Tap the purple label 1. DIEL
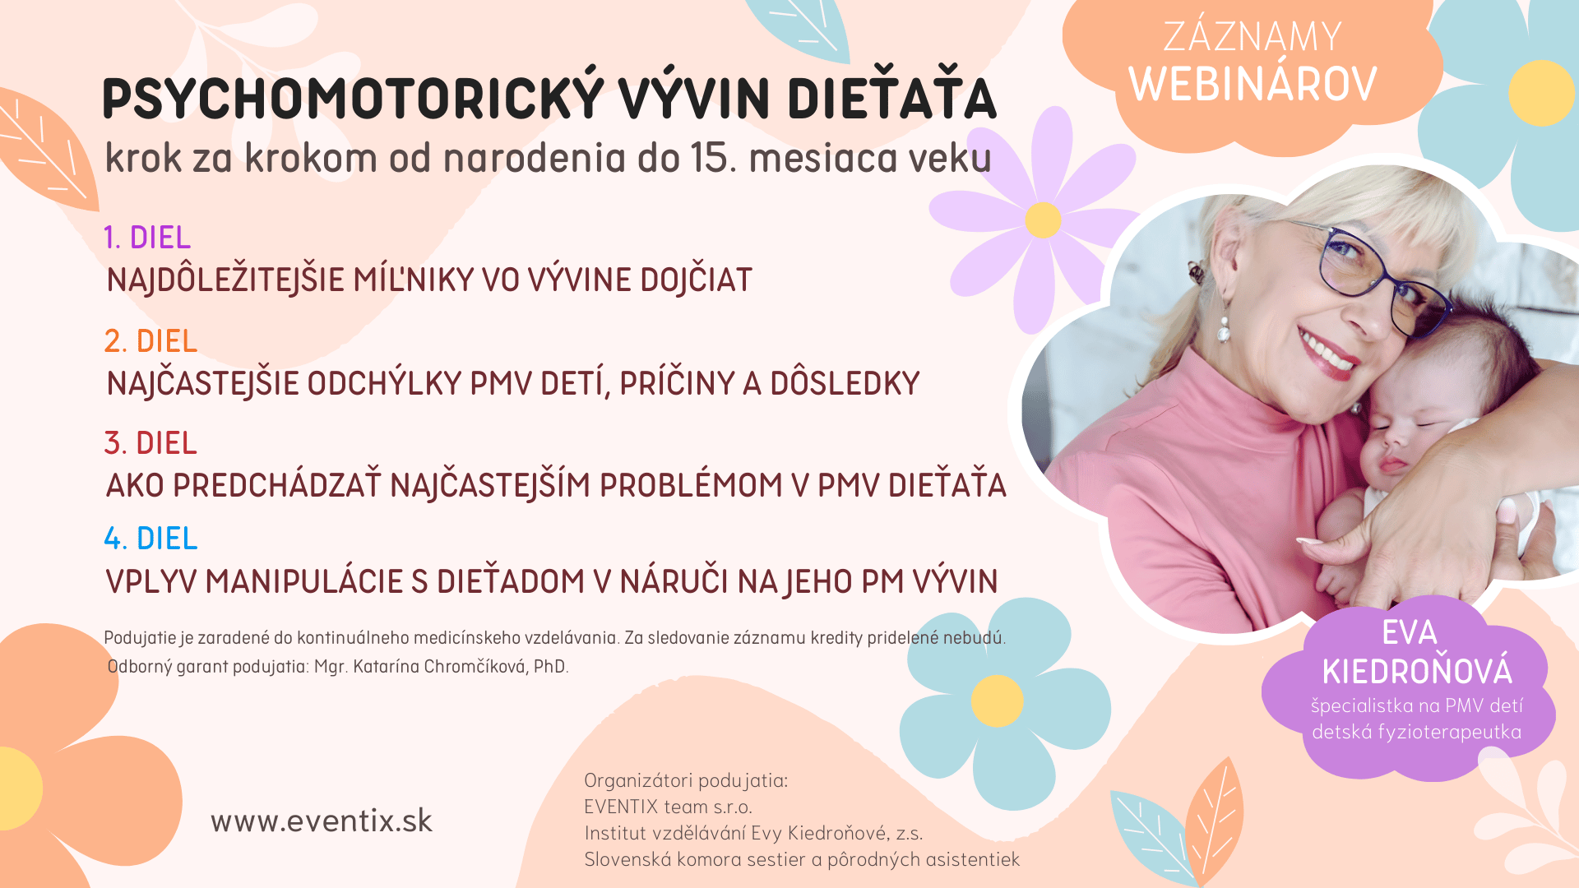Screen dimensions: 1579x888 (x=147, y=238)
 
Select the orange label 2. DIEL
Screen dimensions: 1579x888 (x=150, y=340)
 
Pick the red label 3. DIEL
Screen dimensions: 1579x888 (x=150, y=443)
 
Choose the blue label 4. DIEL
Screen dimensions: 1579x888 (x=150, y=539)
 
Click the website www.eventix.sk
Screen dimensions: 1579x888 (x=322, y=821)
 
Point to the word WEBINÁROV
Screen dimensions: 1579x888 (x=1253, y=84)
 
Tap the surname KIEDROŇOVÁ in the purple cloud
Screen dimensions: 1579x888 (x=1417, y=671)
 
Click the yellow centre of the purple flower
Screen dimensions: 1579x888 (x=1043, y=220)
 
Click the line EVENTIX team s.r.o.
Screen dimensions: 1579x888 (x=668, y=807)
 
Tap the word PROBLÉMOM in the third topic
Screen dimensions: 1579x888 (x=691, y=485)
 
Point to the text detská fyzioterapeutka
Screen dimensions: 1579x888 (x=1416, y=732)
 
